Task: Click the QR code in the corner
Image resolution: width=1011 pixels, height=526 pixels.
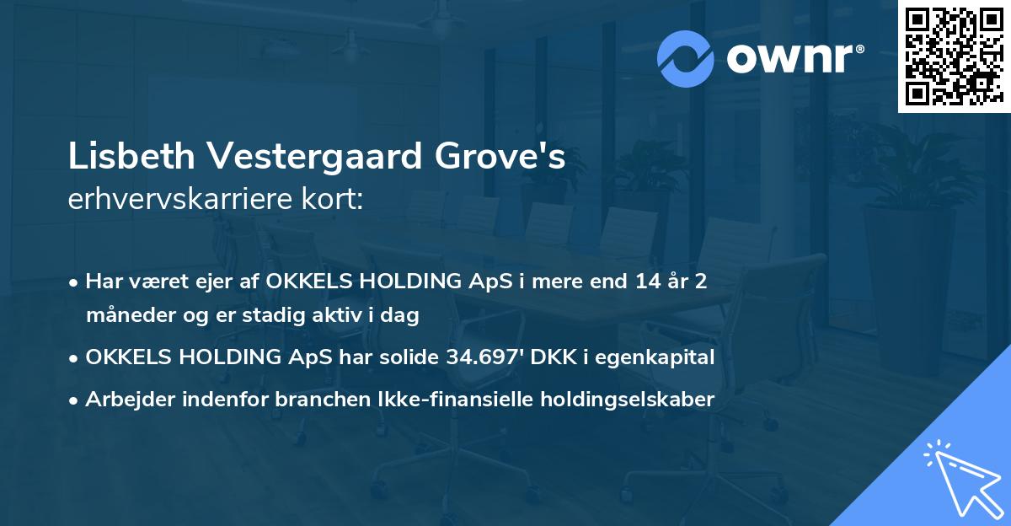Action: pos(953,56)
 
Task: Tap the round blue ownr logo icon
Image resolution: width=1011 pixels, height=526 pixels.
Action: pos(686,58)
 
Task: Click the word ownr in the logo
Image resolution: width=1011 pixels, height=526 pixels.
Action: pos(791,57)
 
